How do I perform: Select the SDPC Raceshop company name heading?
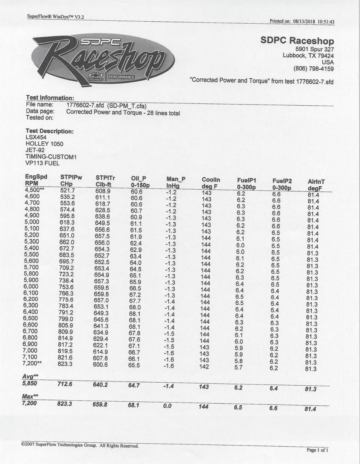(297, 41)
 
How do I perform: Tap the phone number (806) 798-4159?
(313, 69)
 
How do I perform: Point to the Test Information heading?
(50, 98)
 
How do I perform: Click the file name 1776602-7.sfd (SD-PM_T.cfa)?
(106, 105)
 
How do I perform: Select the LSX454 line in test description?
(36, 137)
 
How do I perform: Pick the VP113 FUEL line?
(42, 163)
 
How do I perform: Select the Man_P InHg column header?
(175, 183)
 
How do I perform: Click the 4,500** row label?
(34, 190)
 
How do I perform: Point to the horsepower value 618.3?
(67, 222)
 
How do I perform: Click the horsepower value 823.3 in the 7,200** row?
(65, 364)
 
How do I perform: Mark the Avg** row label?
(30, 376)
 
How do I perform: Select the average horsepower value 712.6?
(65, 384)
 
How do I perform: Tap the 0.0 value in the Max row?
(167, 406)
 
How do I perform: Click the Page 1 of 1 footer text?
(317, 450)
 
